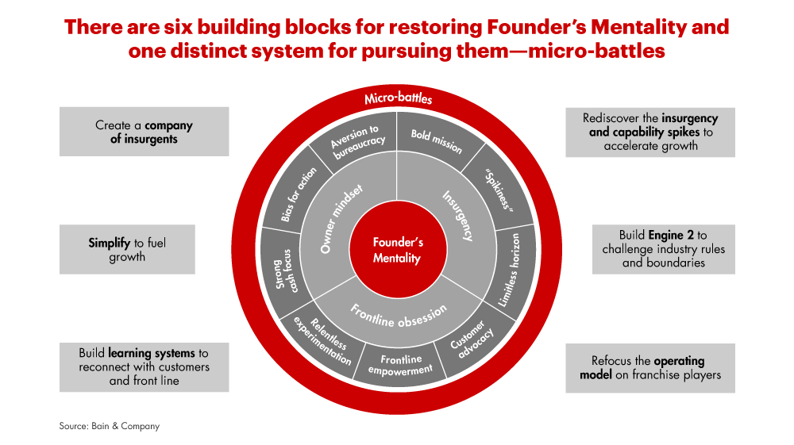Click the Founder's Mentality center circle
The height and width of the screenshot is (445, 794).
[x=398, y=249]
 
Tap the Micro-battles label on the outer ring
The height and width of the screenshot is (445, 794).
[x=398, y=100]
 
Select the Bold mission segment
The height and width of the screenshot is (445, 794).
[x=436, y=142]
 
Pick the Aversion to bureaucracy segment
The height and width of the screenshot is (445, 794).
[x=357, y=141]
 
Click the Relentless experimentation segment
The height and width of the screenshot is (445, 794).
[x=322, y=340]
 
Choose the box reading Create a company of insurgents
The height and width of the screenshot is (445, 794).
[x=144, y=132]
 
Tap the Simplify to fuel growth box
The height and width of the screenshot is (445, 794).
[x=127, y=249]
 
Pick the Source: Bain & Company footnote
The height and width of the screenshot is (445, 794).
[x=109, y=426]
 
